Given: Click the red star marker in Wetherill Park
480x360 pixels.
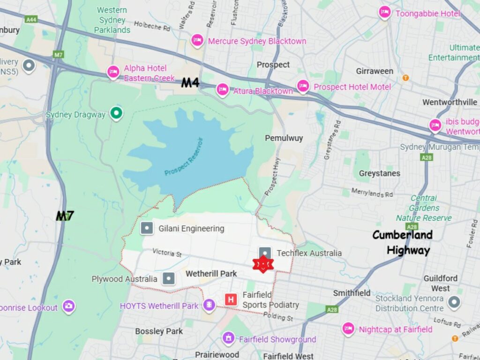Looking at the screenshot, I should (262, 265).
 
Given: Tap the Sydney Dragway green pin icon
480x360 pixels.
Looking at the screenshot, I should (116, 113).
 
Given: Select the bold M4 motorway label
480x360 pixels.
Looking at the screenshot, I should (191, 83).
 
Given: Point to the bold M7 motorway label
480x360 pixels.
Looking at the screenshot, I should (65, 216).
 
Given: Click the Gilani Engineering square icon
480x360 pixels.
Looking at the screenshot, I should (147, 228).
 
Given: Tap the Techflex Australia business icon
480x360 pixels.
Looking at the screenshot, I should (265, 253).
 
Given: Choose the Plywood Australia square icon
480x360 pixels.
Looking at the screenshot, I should (168, 278).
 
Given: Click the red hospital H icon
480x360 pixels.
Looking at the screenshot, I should (231, 299).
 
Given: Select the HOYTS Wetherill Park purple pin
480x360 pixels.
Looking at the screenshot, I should (209, 306).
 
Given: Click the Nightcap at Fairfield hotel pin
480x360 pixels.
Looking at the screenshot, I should (348, 329).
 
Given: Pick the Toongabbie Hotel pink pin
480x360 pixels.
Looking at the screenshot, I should (384, 13).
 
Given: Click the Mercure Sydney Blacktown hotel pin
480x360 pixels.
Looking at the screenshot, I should (197, 40).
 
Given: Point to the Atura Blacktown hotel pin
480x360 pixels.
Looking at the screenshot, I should (222, 90).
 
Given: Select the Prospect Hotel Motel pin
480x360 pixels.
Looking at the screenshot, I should (303, 86).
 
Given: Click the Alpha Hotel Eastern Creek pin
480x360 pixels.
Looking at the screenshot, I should (113, 72).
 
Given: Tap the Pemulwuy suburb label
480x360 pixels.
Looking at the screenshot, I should (284, 138).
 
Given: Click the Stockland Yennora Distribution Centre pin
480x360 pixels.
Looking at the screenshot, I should (453, 302).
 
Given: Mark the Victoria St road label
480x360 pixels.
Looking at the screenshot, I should (167, 254).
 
